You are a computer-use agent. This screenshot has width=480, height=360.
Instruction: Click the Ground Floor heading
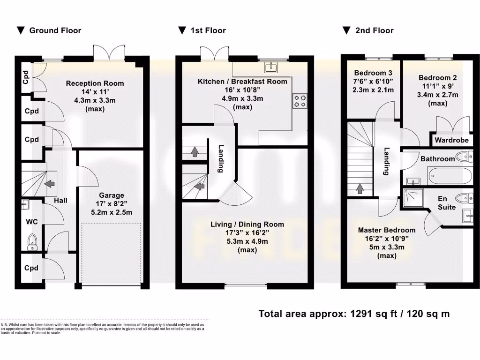click(55, 30)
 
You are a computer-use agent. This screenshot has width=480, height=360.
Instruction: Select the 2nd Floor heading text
click(374, 30)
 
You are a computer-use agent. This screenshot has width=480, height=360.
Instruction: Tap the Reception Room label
click(95, 83)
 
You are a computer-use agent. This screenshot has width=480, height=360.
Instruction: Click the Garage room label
click(111, 195)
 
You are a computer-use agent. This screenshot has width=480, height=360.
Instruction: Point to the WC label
click(31, 221)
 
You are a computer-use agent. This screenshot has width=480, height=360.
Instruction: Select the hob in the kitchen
click(300, 101)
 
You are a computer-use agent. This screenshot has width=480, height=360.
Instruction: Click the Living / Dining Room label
click(247, 225)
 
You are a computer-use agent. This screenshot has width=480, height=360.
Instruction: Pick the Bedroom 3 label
click(373, 73)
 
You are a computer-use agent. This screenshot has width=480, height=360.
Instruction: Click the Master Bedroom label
click(386, 230)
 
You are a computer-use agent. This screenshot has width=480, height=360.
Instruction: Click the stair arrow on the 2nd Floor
click(360, 188)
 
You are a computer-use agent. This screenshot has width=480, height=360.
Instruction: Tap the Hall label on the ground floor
click(60, 201)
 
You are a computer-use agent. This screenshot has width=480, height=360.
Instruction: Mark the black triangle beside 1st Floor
click(182, 30)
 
